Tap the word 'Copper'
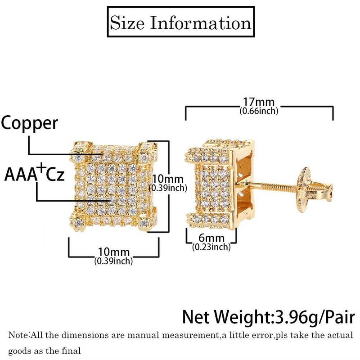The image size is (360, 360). pyautogui.click(x=30, y=123)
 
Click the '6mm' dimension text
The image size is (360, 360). pyautogui.click(x=211, y=238)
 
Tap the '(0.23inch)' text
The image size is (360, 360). pyautogui.click(x=211, y=247)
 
